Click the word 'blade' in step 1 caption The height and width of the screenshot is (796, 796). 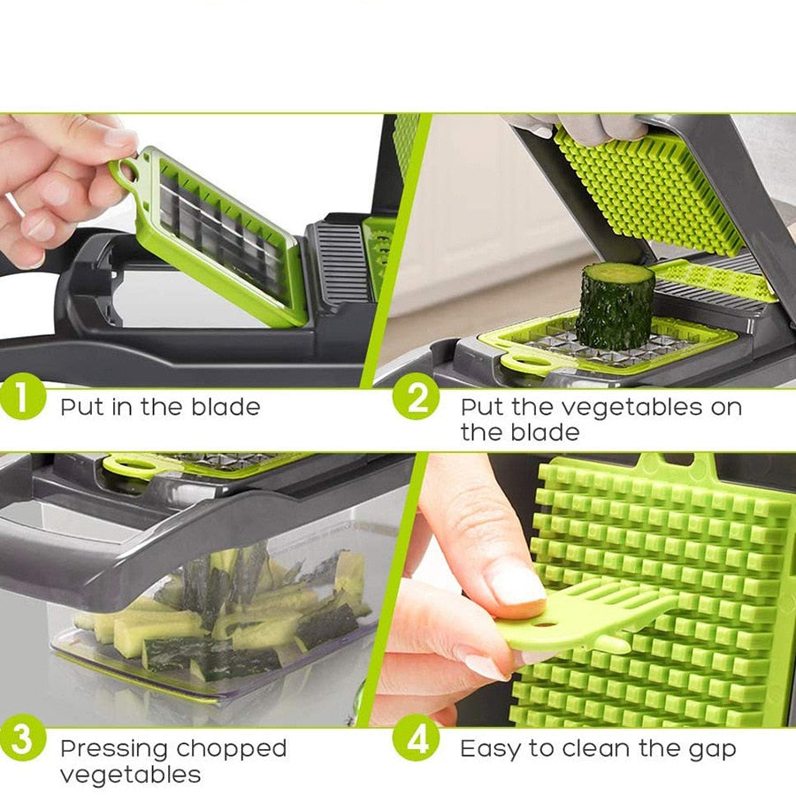point(226,408)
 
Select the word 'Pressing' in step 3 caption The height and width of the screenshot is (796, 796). point(112,749)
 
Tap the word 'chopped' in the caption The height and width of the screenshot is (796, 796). point(231,749)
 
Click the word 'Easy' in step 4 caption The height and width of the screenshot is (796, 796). point(490,749)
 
